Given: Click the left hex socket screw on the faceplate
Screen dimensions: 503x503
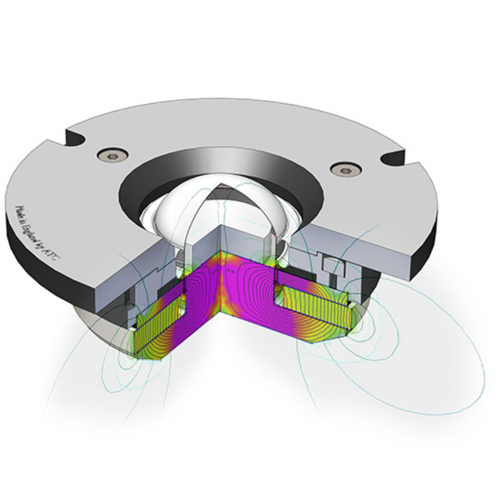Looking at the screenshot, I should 113,155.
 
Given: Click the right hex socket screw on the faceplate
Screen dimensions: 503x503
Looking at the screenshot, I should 343,169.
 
